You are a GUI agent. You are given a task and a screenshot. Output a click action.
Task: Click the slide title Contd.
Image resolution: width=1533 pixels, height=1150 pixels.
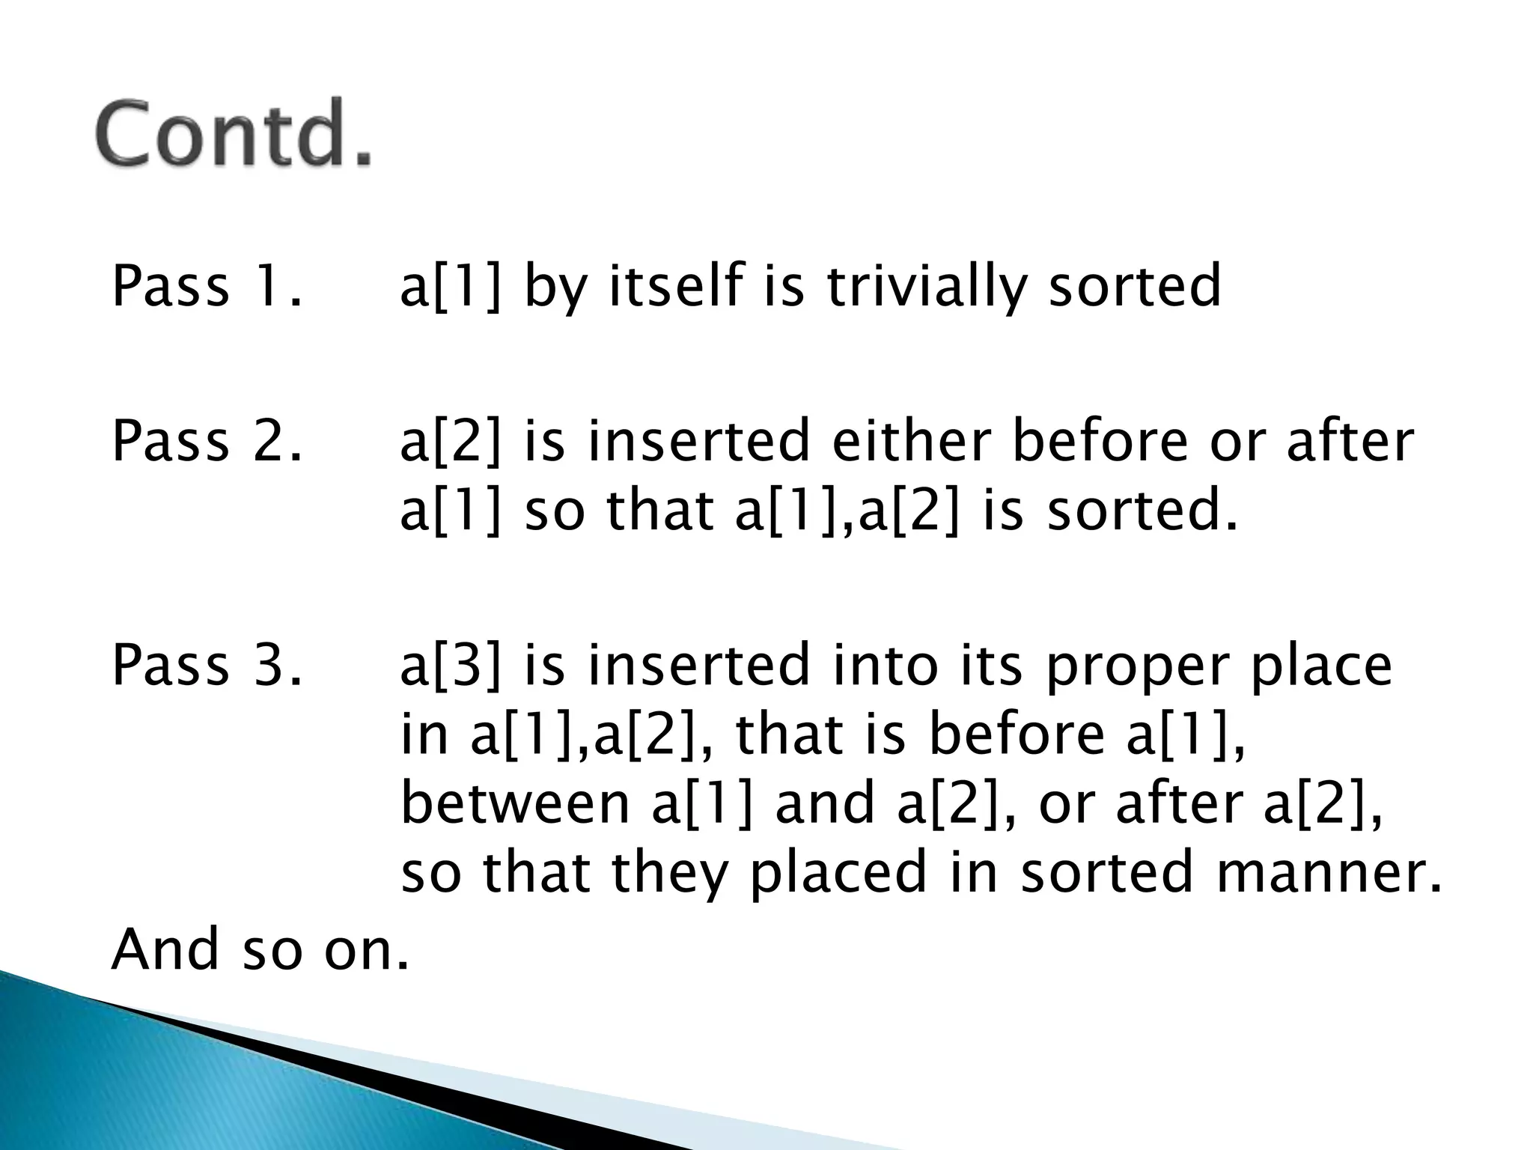[234, 133]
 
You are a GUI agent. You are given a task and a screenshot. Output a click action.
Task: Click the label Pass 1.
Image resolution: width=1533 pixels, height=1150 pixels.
[207, 286]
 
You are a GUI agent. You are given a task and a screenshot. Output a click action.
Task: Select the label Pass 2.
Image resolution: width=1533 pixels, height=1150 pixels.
[207, 441]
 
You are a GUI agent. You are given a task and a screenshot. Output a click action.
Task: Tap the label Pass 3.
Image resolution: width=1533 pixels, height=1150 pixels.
[207, 665]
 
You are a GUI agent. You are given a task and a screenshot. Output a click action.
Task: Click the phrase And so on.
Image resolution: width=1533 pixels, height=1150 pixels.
[260, 949]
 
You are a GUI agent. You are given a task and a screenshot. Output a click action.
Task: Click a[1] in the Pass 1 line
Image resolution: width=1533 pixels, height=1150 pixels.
[450, 287]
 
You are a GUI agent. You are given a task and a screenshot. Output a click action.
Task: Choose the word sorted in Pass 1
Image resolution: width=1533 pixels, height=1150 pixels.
[1134, 287]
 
